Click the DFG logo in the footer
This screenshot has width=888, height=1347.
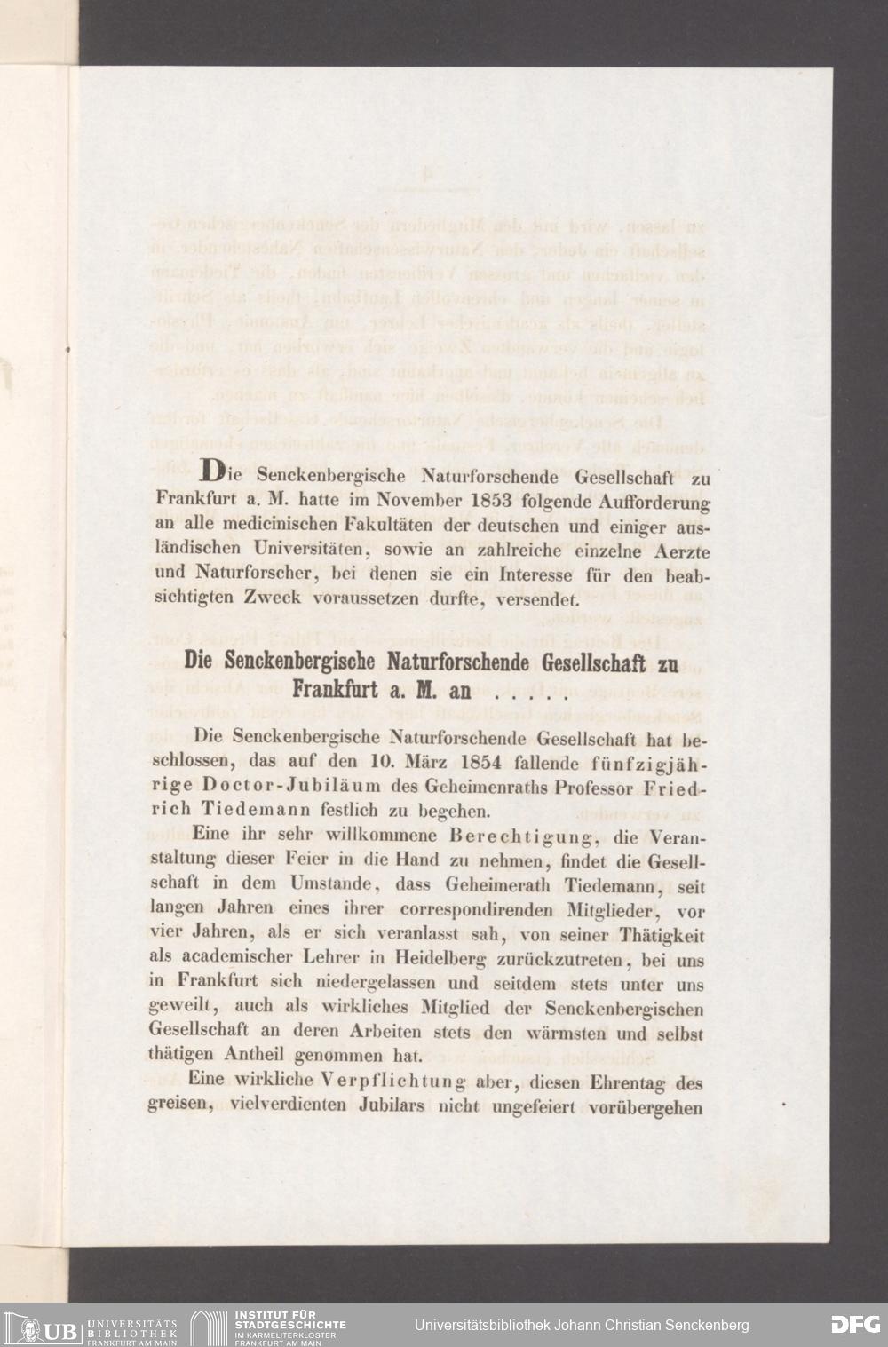click(854, 1324)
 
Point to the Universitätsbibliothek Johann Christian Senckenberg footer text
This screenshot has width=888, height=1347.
click(582, 1325)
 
